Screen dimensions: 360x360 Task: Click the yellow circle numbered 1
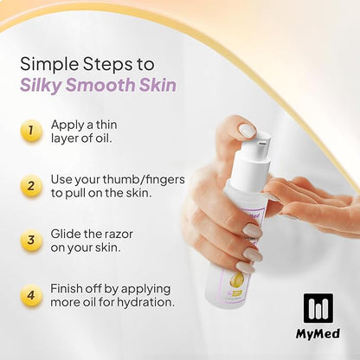pyautogui.click(x=31, y=131)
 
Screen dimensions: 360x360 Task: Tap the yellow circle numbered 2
pyautogui.click(x=31, y=186)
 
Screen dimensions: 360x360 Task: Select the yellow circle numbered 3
pyautogui.click(x=31, y=241)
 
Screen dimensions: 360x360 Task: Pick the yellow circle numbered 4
pyautogui.click(x=31, y=295)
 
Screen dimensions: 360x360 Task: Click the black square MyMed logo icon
pyautogui.click(x=318, y=308)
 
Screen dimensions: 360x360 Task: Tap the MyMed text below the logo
pyautogui.click(x=318, y=334)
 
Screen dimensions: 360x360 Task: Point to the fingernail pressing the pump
pyautogui.click(x=248, y=131)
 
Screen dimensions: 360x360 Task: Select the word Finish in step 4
pyautogui.click(x=65, y=288)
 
